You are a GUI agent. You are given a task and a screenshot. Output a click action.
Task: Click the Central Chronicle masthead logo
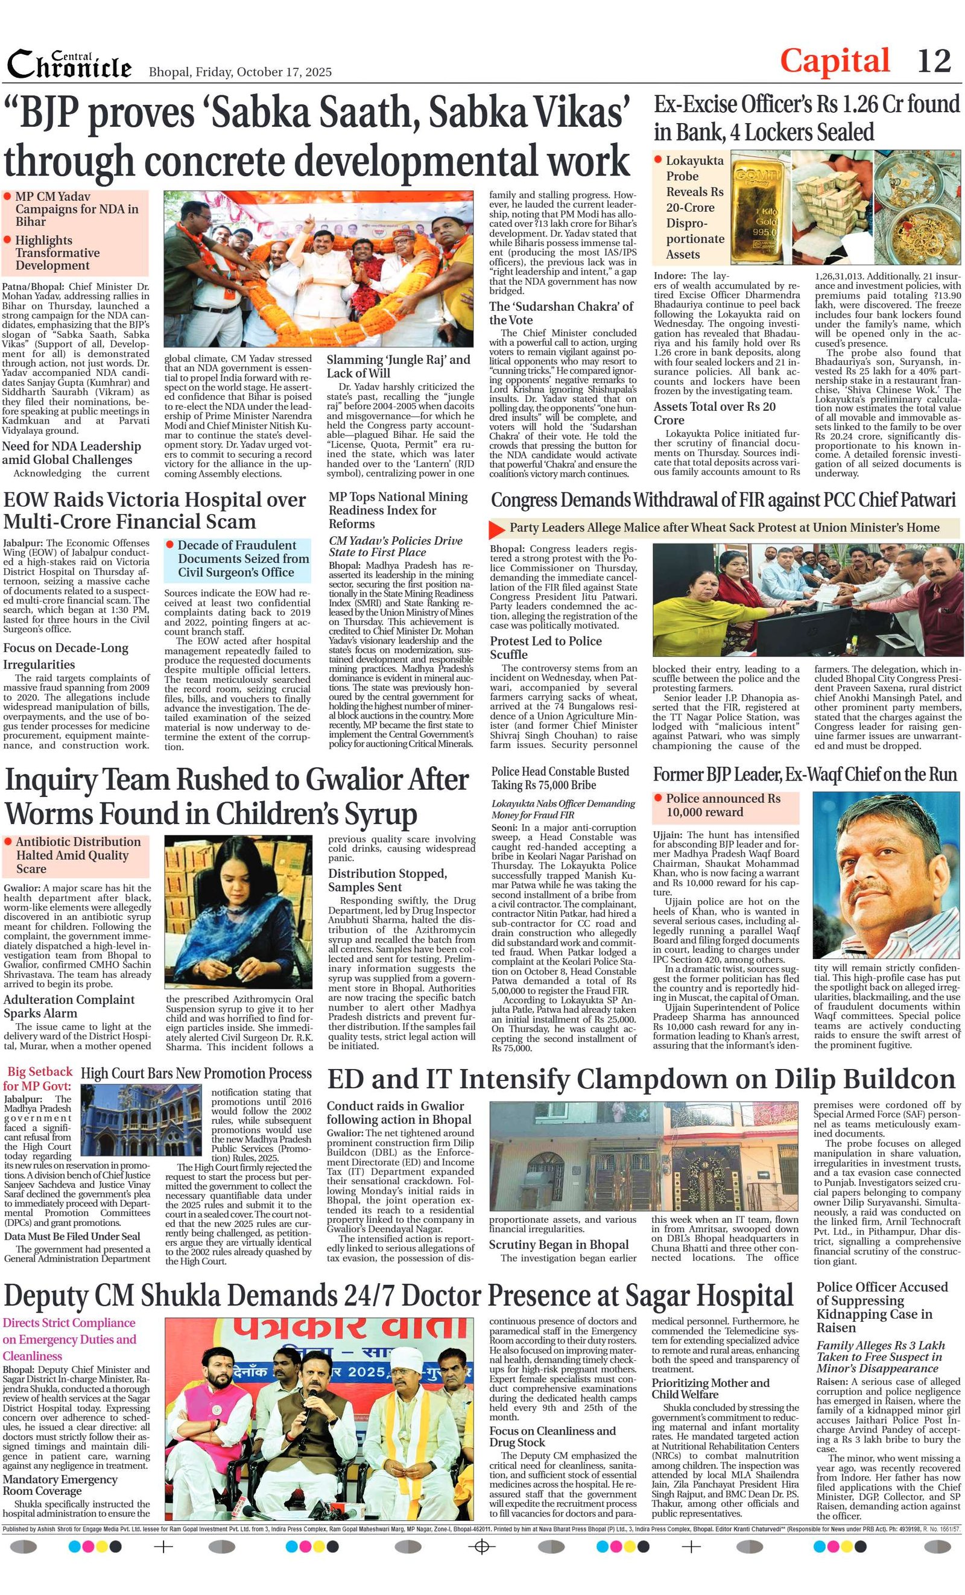[69, 65]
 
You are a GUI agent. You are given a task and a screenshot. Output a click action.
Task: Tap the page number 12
[934, 61]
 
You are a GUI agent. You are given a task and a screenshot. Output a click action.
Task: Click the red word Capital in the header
[834, 61]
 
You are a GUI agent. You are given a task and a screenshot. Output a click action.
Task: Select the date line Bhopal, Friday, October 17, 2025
[240, 72]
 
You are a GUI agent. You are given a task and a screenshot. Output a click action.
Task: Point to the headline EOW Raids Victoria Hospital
[154, 510]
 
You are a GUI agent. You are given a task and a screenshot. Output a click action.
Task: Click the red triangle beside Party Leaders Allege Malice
[496, 529]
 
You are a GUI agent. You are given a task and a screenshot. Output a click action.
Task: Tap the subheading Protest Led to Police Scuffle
[546, 647]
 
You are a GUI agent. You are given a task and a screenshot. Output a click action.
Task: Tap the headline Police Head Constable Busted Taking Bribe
[560, 778]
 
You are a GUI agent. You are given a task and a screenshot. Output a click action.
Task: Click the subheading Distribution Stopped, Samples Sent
[387, 880]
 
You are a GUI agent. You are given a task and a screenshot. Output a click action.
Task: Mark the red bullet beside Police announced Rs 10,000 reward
[658, 797]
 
